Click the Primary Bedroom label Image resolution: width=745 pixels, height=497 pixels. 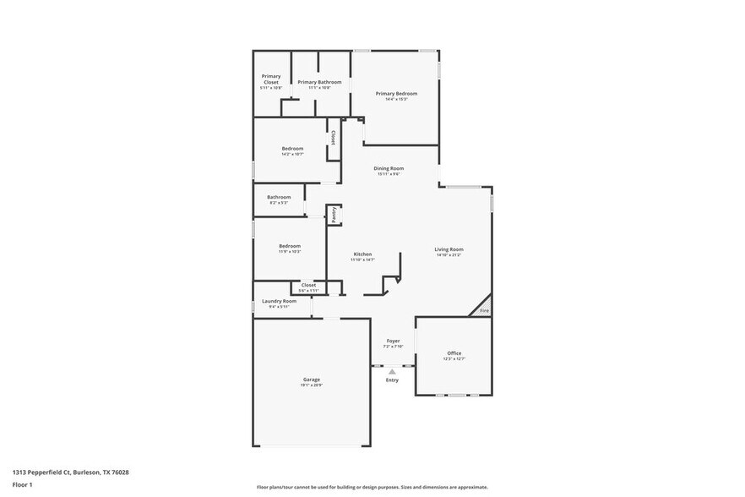point(396,94)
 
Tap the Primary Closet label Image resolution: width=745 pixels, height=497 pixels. point(271,79)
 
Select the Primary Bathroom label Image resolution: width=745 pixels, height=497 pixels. point(319,82)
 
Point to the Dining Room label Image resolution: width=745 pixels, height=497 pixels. point(389,168)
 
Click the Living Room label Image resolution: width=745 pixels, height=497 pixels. point(449,249)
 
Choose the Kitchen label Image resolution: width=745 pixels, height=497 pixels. point(362,254)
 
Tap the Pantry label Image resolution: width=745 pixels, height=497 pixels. point(334,216)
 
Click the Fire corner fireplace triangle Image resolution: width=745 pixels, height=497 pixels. point(483,308)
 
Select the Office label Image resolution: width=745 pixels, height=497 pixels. point(454,353)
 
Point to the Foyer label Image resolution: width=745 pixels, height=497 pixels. point(394,341)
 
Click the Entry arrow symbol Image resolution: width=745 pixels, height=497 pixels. point(392,370)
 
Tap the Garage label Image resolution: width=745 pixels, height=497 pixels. point(312,380)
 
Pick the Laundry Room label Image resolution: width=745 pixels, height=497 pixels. point(279,302)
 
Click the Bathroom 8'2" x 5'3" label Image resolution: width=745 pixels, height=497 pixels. point(279,197)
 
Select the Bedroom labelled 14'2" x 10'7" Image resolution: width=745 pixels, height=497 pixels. point(292,149)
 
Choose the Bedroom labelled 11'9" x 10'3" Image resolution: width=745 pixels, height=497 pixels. point(290,246)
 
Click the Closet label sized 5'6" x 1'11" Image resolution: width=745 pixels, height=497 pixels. point(309,286)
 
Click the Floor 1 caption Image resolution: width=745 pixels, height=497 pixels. point(22,484)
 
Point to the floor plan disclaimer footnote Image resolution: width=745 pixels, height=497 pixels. point(372,487)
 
